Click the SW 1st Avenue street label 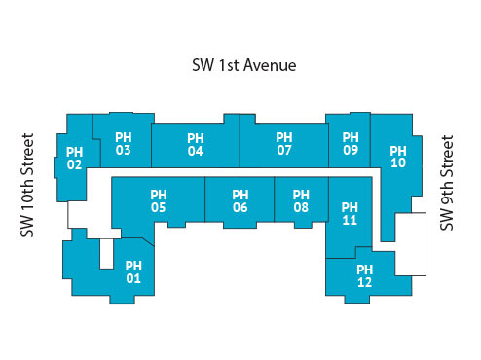[243, 65]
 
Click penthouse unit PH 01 [133, 272]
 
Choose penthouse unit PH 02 [74, 159]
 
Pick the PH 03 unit [123, 144]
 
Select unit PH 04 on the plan [195, 145]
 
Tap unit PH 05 [158, 200]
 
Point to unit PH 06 [240, 201]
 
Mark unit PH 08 [301, 200]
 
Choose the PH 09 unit [351, 144]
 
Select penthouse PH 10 [397, 158]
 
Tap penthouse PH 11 [351, 214]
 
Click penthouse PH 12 [365, 276]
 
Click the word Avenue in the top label [269, 65]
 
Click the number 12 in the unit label [365, 283]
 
